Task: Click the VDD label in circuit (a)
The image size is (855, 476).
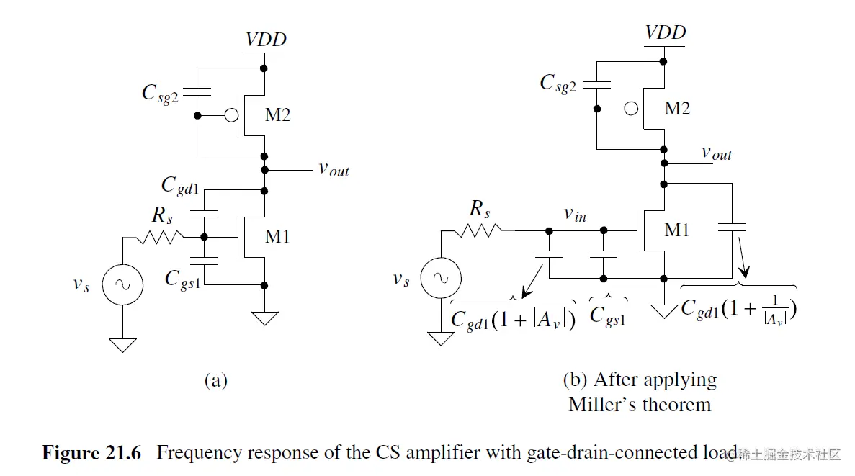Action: (266, 40)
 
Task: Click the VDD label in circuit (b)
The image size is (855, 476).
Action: (665, 32)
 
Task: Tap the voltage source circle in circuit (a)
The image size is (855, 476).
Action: (122, 285)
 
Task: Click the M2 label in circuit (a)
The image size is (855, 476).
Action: (276, 114)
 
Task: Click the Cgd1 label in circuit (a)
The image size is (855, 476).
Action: (179, 186)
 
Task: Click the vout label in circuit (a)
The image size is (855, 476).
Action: (334, 170)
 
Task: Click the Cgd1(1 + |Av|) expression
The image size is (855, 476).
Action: (513, 318)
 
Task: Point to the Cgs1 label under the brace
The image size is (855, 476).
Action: (607, 315)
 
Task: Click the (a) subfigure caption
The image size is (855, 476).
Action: (216, 380)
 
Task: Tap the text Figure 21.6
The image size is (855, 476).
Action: (92, 453)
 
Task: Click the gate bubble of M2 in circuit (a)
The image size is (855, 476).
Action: (232, 115)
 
